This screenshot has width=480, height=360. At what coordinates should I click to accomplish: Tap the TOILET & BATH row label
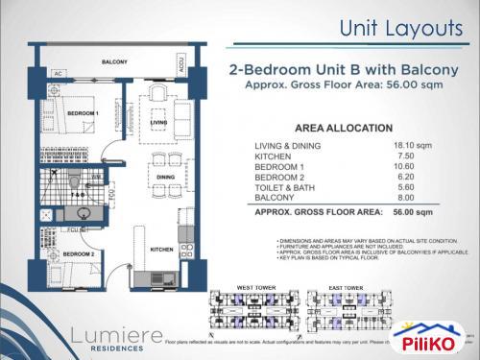tap(280, 187)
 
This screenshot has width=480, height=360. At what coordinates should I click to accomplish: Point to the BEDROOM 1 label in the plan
tap(83, 113)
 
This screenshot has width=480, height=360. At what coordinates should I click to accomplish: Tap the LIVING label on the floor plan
tap(159, 122)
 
